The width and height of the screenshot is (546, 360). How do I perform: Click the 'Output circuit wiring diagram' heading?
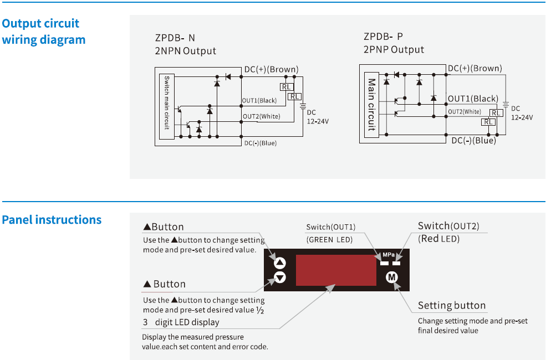(x=44, y=32)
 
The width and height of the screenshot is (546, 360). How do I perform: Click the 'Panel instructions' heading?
(x=52, y=220)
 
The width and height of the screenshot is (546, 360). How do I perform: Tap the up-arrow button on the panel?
(x=280, y=264)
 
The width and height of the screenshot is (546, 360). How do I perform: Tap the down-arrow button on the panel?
(x=280, y=277)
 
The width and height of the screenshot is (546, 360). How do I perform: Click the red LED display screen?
(x=331, y=270)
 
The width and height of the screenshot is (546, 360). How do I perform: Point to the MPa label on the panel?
(x=388, y=255)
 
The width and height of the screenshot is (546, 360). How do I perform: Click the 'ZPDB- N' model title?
(x=175, y=38)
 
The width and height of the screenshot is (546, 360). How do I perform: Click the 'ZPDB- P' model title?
(x=383, y=37)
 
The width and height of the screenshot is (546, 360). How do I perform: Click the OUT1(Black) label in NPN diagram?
(x=259, y=100)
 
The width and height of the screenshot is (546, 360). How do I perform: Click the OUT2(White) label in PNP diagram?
(x=465, y=111)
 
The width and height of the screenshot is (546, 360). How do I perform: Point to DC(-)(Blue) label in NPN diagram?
(x=260, y=143)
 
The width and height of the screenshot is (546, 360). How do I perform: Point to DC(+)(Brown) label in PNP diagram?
(x=474, y=69)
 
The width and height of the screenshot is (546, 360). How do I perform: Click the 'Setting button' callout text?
(x=451, y=305)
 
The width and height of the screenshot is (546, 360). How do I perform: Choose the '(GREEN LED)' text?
(x=330, y=239)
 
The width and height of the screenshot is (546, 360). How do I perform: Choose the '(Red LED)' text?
(x=440, y=239)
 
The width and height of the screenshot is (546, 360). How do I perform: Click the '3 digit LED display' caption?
(x=181, y=322)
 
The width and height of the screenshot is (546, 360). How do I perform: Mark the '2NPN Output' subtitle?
(x=185, y=51)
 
